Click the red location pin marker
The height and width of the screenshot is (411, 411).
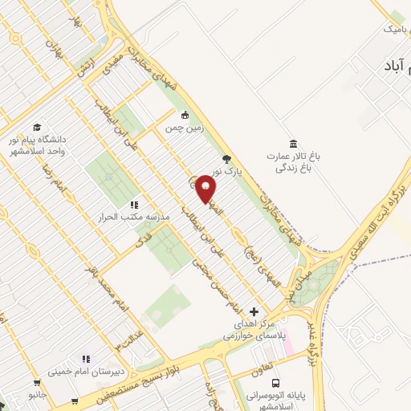tap(205, 188)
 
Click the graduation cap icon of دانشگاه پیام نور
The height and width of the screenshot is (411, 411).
tap(37, 127)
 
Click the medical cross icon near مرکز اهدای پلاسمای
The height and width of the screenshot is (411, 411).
tap(254, 311)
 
